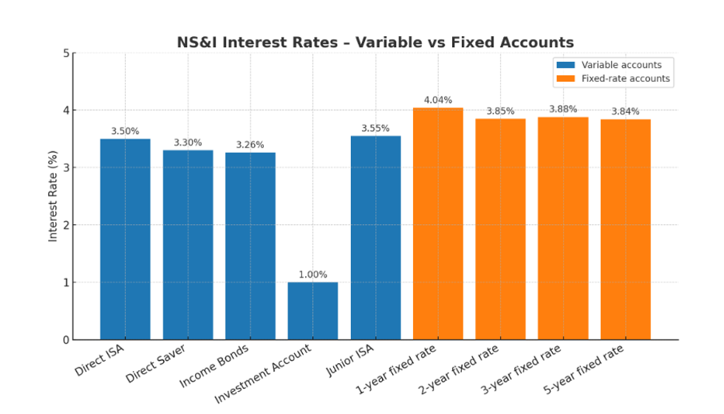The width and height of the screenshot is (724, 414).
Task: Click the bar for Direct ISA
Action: tap(125, 239)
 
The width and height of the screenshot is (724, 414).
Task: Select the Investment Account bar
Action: tap(313, 311)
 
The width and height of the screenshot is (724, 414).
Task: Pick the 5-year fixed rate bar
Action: tap(625, 230)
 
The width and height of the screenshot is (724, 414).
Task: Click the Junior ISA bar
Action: tap(375, 238)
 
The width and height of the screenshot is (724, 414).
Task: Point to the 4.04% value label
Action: tap(438, 100)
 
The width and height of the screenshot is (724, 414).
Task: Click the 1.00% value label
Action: tap(313, 275)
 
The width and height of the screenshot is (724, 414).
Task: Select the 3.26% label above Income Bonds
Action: tap(250, 145)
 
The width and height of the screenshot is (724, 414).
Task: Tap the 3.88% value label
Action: tap(563, 109)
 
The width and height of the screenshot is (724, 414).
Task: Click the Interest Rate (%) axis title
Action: tap(53, 196)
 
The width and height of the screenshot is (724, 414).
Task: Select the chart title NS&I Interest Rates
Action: tap(375, 42)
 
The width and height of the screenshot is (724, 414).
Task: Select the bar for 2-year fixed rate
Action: tap(500, 229)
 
